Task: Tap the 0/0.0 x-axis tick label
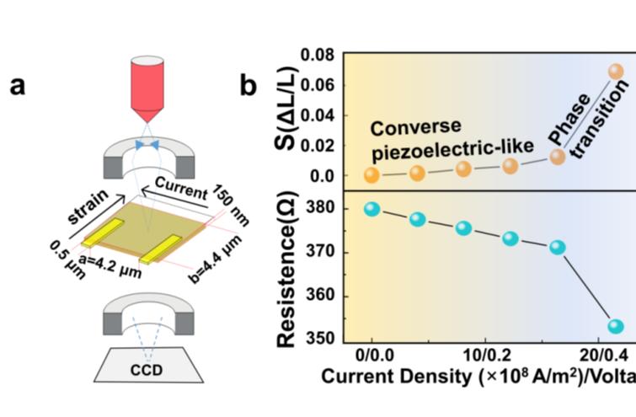(372, 355)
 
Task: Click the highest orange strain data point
(616, 72)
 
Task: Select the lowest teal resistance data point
(616, 326)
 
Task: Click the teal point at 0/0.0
(372, 208)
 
